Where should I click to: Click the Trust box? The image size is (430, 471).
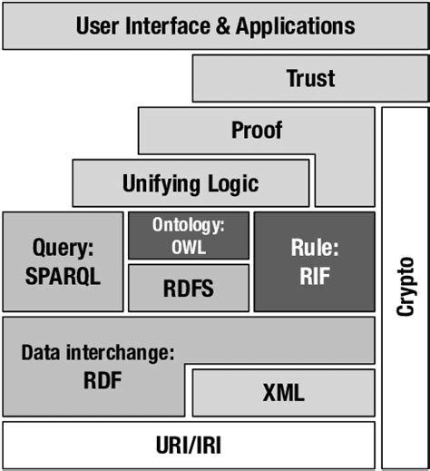(310, 78)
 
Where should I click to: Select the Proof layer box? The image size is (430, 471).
(256, 131)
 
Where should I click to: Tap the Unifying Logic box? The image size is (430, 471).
(190, 183)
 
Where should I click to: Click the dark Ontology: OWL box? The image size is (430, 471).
(188, 235)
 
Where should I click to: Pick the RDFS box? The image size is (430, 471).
(188, 288)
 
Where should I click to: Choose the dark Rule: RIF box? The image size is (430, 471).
(313, 261)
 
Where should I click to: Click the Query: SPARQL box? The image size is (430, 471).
(63, 261)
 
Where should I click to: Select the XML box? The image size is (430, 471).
(283, 393)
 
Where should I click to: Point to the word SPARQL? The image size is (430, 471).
(63, 275)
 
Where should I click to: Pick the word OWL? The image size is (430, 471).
(188, 244)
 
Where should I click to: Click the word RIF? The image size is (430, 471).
(313, 275)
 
